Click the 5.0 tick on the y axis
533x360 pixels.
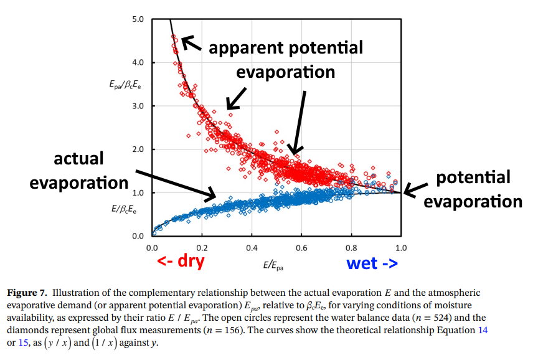click(x=138, y=19)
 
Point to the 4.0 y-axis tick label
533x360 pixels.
click(x=138, y=62)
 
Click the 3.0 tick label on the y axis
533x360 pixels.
click(x=138, y=106)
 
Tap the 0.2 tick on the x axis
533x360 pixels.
click(x=202, y=247)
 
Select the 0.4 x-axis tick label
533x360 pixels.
click(x=252, y=247)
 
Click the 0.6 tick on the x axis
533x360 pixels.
click(x=301, y=247)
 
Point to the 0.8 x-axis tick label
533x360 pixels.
click(x=351, y=247)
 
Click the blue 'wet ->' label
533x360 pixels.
click(x=370, y=263)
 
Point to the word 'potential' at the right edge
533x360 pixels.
click(x=473, y=178)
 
